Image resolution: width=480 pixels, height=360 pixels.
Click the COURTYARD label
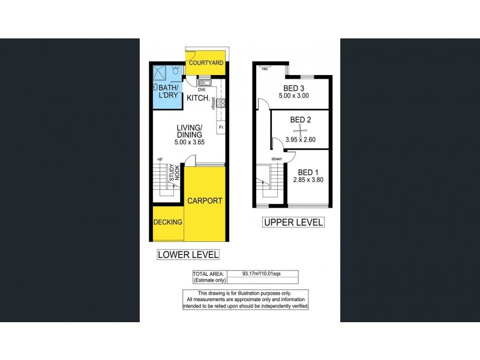pos(206,63)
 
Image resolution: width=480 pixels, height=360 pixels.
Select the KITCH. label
pos(198,98)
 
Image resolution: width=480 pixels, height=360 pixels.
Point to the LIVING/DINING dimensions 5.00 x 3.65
pos(189,142)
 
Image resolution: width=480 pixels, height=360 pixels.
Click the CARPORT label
pos(205,201)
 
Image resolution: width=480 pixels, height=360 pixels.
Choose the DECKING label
pos(167,222)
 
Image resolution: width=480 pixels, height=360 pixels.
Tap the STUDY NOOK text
pos(173,173)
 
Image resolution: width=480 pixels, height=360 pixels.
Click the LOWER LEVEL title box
pos(188,254)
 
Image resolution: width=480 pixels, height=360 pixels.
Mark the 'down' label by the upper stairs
pos(277,159)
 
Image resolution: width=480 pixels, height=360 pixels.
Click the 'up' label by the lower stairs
pos(160,158)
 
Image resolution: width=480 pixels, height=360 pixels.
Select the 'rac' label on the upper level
pos(265,69)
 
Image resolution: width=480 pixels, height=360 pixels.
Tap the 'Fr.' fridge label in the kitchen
pos(220,127)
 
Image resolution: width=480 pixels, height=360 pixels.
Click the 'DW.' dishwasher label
pos(194,90)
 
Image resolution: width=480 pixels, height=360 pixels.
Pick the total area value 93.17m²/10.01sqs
pos(262,274)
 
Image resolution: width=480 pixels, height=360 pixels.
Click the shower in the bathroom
pos(160,73)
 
